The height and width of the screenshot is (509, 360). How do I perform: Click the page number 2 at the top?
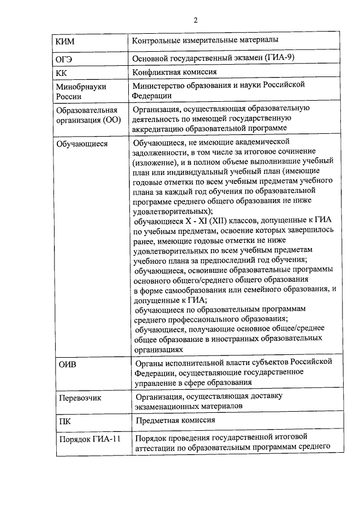tap(195, 21)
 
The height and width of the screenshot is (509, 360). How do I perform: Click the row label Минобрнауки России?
tap(81, 91)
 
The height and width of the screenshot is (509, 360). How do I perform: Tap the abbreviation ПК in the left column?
tap(64, 420)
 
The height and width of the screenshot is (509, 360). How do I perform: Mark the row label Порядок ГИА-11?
tap(90, 439)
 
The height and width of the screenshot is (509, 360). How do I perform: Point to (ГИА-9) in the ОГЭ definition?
tap(278, 58)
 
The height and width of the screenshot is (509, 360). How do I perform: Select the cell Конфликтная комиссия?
tap(175, 73)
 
